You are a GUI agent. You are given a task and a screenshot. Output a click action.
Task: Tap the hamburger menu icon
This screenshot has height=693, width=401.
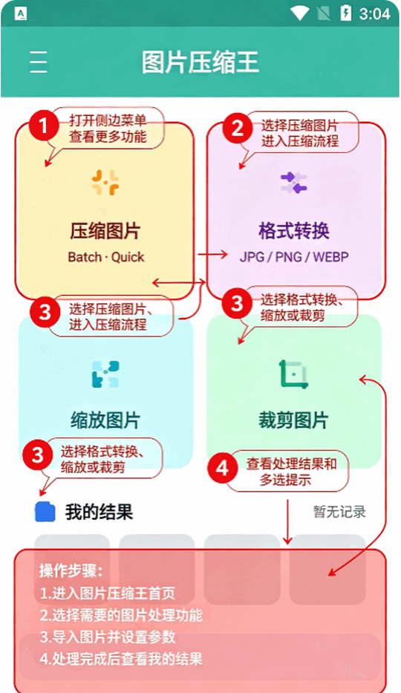39,62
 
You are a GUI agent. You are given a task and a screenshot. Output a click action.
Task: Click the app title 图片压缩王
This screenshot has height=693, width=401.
200,62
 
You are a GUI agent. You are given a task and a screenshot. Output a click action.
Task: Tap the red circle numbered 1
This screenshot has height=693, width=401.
44,126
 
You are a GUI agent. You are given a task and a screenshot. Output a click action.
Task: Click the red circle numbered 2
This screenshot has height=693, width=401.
238,128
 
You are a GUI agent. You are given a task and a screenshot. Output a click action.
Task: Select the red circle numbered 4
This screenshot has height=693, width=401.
223,468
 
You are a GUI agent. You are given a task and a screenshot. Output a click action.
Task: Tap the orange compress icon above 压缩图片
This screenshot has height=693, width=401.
105,183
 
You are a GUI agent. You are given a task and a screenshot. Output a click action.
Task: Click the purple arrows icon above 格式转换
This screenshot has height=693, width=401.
293,183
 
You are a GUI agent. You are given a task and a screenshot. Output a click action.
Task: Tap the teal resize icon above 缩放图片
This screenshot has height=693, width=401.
105,374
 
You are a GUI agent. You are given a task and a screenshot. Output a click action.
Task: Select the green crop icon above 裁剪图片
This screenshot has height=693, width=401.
293,374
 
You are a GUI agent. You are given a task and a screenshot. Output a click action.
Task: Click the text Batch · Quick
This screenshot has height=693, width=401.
106,257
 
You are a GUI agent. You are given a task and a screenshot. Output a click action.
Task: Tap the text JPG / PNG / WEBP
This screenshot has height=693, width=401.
294,257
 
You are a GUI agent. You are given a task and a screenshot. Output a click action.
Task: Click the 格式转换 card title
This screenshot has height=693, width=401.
294,231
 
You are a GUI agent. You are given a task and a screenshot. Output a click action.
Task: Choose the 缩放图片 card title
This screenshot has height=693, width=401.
105,420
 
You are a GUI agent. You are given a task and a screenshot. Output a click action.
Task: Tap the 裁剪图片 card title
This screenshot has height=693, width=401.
293,420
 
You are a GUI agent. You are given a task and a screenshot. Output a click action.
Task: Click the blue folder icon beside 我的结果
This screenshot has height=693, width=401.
45,512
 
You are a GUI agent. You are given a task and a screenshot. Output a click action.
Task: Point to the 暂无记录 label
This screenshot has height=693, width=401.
339,512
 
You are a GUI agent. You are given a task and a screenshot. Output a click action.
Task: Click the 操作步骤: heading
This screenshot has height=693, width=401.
71,570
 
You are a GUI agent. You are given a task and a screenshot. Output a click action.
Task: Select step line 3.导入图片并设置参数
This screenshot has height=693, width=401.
108,637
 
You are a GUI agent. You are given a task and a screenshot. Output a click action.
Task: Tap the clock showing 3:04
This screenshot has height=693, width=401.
374,14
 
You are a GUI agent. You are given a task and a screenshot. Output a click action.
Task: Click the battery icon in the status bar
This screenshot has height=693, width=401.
346,13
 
